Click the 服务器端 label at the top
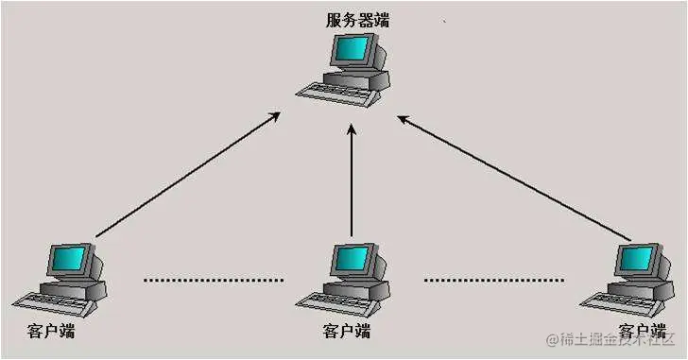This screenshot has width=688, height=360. tap(358, 20)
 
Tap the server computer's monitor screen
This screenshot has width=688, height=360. tap(356, 49)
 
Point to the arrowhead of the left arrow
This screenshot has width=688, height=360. tap(275, 116)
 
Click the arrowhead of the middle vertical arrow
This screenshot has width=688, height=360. tap(351, 133)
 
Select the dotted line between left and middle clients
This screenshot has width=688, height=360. tap(213, 280)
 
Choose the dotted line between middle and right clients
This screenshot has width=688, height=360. tap(493, 280)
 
